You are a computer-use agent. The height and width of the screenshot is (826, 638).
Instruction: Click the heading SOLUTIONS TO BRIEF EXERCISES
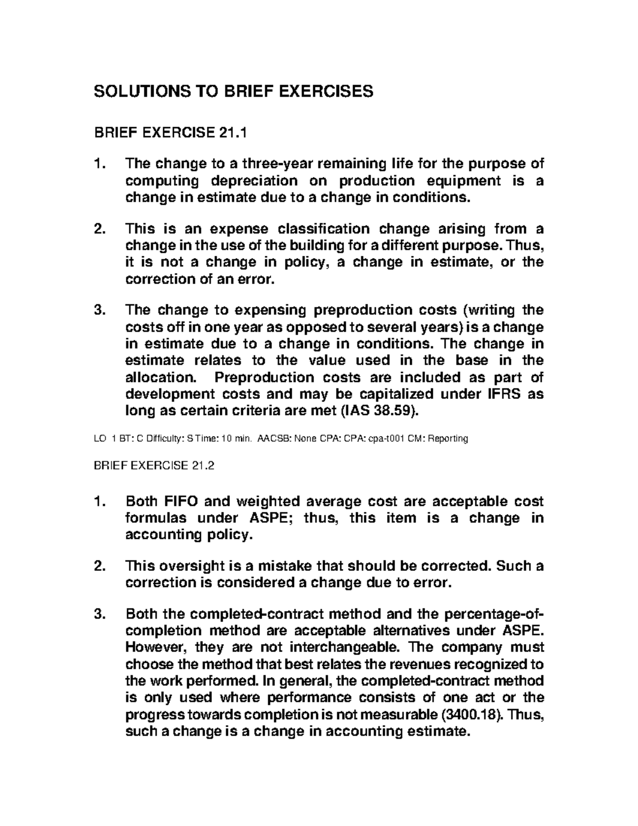click(x=233, y=92)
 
